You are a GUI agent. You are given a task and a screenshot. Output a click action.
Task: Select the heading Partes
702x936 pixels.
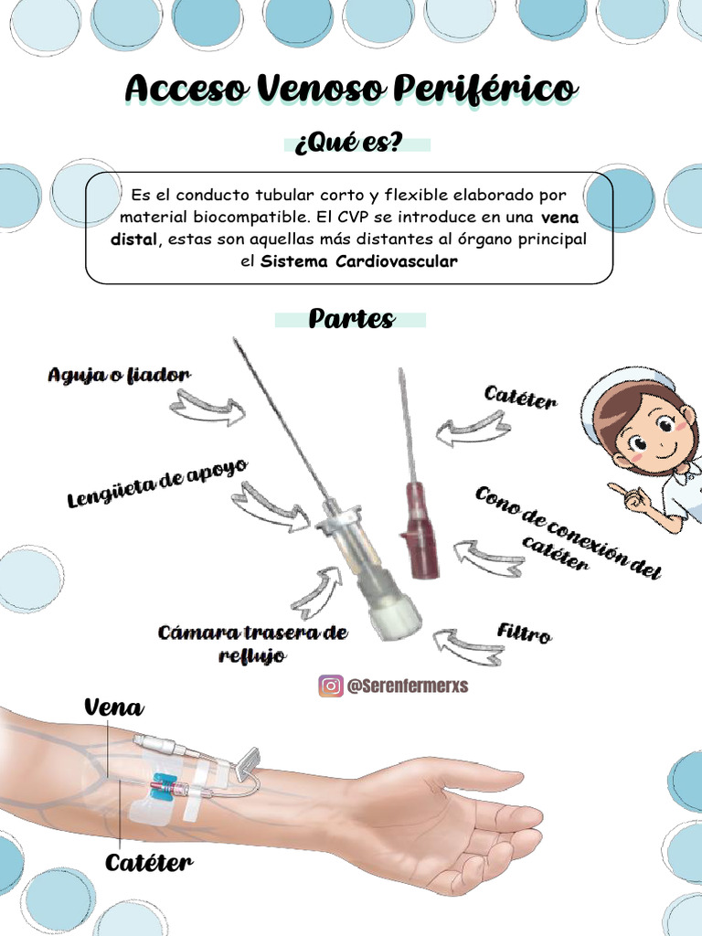351,319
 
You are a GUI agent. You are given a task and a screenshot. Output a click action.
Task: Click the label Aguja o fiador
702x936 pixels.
119,375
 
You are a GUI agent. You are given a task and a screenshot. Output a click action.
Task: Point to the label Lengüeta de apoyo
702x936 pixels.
157,484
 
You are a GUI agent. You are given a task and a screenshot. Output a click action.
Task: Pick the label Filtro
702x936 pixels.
524,633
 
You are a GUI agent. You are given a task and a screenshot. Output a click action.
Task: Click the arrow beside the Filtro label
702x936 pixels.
467,645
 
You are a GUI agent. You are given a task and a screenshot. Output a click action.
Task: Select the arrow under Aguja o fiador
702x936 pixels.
207,408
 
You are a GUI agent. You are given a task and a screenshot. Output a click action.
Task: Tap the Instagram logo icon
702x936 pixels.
330,686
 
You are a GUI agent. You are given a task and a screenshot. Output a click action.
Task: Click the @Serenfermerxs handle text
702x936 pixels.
407,686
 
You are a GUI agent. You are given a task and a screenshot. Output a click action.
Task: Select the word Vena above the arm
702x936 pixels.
113,707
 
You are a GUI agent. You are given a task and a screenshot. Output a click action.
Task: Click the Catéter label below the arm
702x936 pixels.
149,862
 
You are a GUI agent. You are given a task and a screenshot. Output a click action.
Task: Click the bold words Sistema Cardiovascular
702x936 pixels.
359,261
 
